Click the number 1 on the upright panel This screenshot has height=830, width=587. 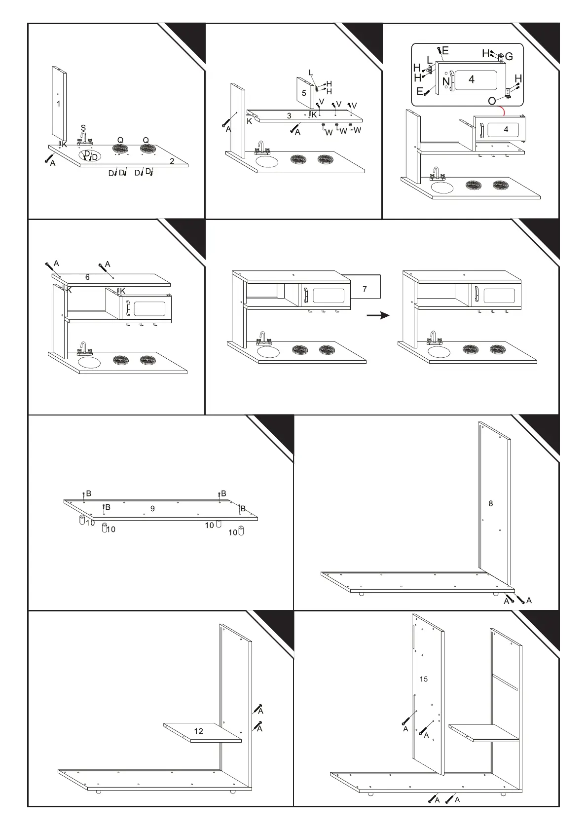(x=59, y=104)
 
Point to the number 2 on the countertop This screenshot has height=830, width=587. (x=172, y=161)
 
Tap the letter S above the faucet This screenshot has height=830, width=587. (x=83, y=128)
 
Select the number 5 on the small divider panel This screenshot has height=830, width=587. (x=304, y=93)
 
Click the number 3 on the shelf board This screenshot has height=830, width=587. (x=289, y=116)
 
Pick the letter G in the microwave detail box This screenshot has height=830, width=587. (x=509, y=57)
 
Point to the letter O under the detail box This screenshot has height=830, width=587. (x=492, y=101)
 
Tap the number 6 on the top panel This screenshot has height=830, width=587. (x=87, y=277)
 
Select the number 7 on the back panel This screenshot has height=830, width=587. (x=365, y=289)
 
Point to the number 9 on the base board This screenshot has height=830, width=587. (x=152, y=508)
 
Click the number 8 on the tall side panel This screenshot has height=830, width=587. (x=491, y=503)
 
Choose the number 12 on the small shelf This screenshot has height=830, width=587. (x=198, y=731)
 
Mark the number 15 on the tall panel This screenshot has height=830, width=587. (x=424, y=679)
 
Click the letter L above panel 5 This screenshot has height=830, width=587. (x=311, y=73)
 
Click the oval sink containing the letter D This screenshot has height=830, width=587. (x=90, y=156)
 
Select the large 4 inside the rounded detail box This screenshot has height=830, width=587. (x=472, y=79)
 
